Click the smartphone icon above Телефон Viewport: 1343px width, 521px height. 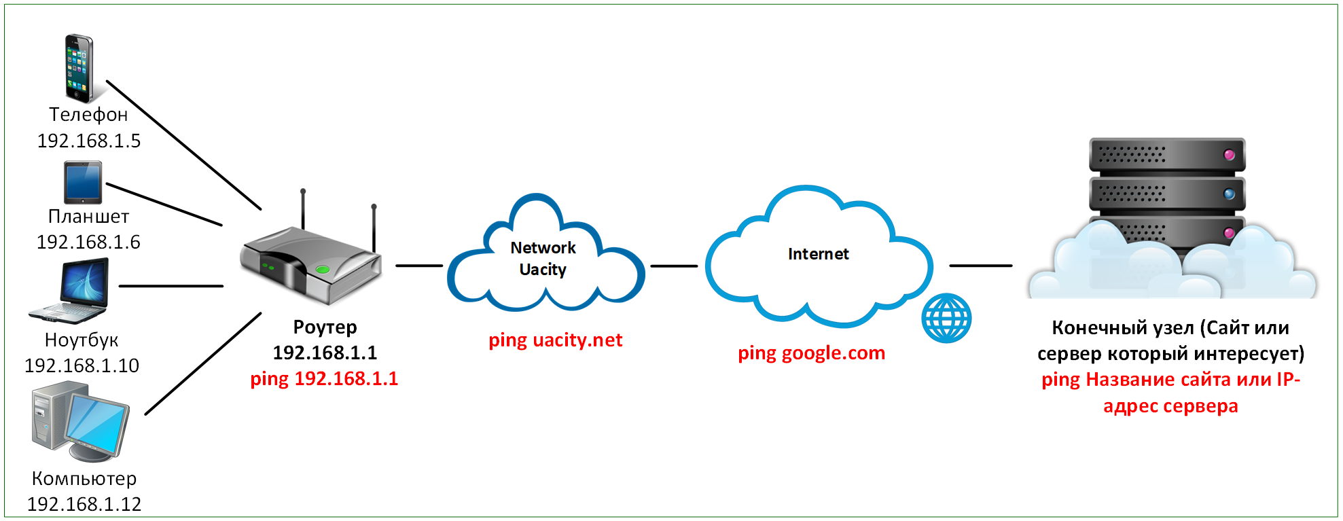click(79, 68)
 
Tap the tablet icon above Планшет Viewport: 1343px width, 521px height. click(83, 182)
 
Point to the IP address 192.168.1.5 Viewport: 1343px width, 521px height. click(88, 141)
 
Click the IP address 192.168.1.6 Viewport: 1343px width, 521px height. click(88, 242)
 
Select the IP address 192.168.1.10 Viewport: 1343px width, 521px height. click(82, 365)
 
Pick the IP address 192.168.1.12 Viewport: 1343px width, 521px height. click(84, 504)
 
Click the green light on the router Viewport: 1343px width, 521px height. click(323, 270)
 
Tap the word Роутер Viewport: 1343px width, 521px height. click(325, 327)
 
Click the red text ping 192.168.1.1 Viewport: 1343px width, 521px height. click(324, 378)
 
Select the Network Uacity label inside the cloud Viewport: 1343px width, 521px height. click(543, 258)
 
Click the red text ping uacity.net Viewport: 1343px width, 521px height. click(555, 340)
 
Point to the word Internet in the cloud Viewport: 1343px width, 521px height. click(818, 254)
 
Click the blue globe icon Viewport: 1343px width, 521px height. click(946, 318)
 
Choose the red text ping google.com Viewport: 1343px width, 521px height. click(811, 353)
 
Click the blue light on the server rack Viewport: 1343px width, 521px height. click(1229, 194)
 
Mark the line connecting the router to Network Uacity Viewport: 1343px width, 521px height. click(418, 266)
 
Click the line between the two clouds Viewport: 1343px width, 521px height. click(674, 266)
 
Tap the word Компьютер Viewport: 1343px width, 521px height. click(84, 478)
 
